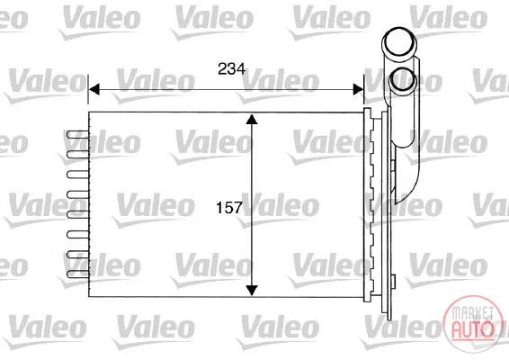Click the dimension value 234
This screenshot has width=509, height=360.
[231, 69]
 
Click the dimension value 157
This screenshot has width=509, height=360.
[229, 208]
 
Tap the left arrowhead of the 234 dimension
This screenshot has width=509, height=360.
[94, 89]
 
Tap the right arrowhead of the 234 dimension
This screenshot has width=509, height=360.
[359, 89]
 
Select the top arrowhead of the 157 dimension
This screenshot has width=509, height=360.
[252, 119]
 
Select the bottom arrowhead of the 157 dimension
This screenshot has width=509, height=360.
[252, 291]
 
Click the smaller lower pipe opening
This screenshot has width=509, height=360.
[403, 80]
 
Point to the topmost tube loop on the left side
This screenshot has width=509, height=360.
[77, 134]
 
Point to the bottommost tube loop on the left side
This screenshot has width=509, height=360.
[77, 274]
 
